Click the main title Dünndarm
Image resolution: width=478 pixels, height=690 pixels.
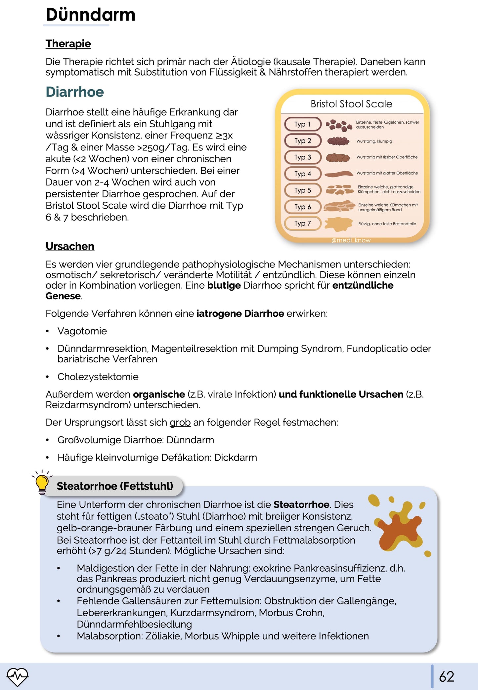pos(90,15)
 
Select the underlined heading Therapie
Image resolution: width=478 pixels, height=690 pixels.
pos(68,44)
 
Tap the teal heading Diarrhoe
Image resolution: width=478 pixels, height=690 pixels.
pos(75,92)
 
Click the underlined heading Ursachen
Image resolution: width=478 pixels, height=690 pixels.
pos(70,246)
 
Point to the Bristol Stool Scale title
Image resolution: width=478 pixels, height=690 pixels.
pos(351,104)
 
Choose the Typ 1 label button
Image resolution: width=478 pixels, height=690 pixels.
pos(303,124)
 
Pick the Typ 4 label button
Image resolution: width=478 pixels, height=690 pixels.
pos(303,174)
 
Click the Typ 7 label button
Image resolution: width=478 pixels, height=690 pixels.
pos(303,223)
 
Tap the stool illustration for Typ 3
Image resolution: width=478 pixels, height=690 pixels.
pos(338,157)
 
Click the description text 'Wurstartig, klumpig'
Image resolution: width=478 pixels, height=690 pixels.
pos(374,141)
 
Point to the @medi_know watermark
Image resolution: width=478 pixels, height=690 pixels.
pos(351,240)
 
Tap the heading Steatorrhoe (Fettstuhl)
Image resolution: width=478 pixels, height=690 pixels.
pos(115,486)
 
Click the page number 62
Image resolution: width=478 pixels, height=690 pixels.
pos(446,676)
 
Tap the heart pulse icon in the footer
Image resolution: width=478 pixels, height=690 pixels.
pos(18,676)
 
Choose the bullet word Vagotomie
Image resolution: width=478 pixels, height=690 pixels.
pos(82,331)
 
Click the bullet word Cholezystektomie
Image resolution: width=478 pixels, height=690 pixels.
pos(98,377)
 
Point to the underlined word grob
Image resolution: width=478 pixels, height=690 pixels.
pos(180,422)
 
